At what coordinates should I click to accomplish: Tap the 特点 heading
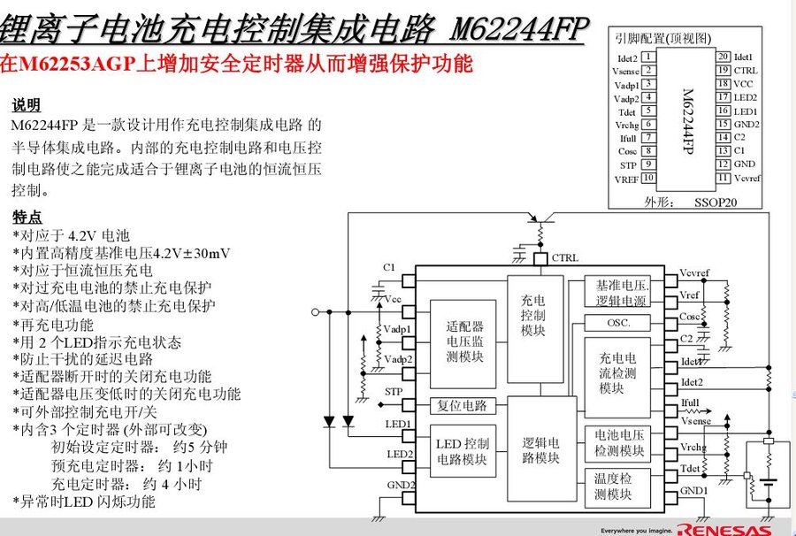coord(27,217)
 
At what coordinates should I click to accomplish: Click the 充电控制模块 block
coord(534,316)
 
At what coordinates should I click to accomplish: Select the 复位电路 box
coord(462,406)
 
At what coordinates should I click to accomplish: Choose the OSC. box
coord(617,324)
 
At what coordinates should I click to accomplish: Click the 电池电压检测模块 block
coord(618,443)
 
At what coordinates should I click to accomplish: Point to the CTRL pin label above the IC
coord(565,258)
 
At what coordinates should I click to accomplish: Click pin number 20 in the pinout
coord(723,57)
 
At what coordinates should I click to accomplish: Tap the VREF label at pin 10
coord(625,180)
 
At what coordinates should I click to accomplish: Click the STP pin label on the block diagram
coord(394,391)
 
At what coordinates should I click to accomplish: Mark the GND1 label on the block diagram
coord(693,491)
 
